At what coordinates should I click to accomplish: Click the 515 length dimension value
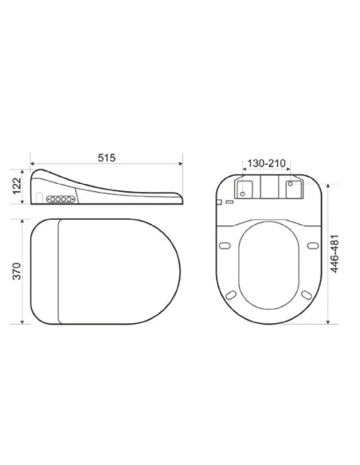tap(107, 158)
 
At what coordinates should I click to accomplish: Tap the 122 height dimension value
tap(17, 186)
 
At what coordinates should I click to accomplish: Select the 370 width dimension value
tap(17, 271)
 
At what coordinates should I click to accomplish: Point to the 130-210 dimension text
tap(266, 163)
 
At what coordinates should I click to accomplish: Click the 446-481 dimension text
tap(335, 254)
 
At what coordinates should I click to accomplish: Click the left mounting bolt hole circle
tap(243, 194)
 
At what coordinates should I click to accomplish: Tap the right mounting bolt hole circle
tap(291, 184)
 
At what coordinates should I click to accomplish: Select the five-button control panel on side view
tap(61, 199)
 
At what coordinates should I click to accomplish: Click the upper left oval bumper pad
tap(225, 245)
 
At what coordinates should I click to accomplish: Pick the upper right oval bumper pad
tap(313, 245)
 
